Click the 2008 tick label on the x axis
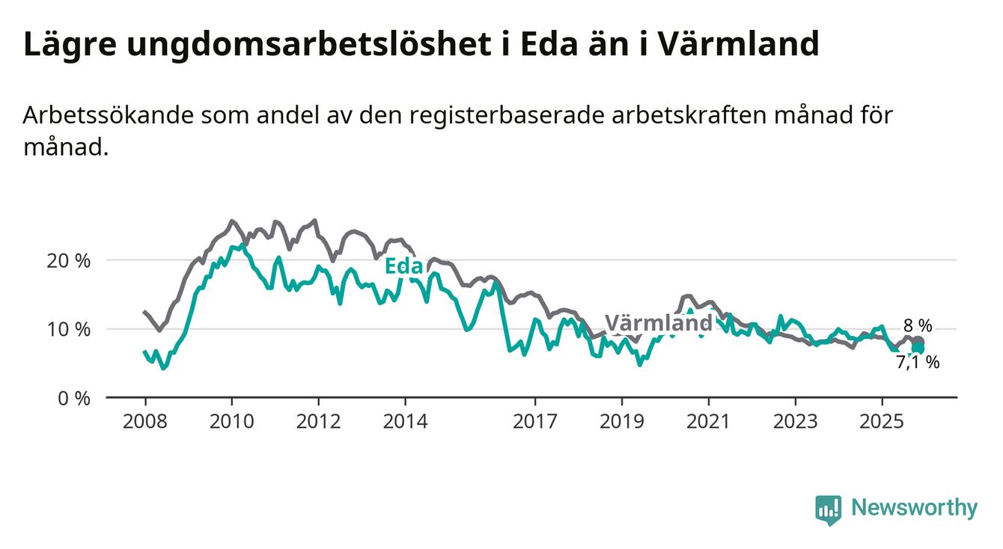click(144, 422)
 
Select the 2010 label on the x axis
click(231, 422)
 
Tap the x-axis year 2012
click(318, 422)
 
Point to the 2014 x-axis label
click(405, 422)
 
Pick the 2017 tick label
click(535, 422)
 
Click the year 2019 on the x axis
click(622, 422)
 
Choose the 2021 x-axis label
click(709, 422)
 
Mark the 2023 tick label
click(796, 422)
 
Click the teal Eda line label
click(404, 266)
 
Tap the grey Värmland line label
click(658, 323)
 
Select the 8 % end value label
click(918, 326)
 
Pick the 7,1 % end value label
click(918, 363)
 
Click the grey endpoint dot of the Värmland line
click(918, 342)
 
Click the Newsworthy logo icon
click(828, 509)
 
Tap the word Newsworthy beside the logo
click(914, 509)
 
